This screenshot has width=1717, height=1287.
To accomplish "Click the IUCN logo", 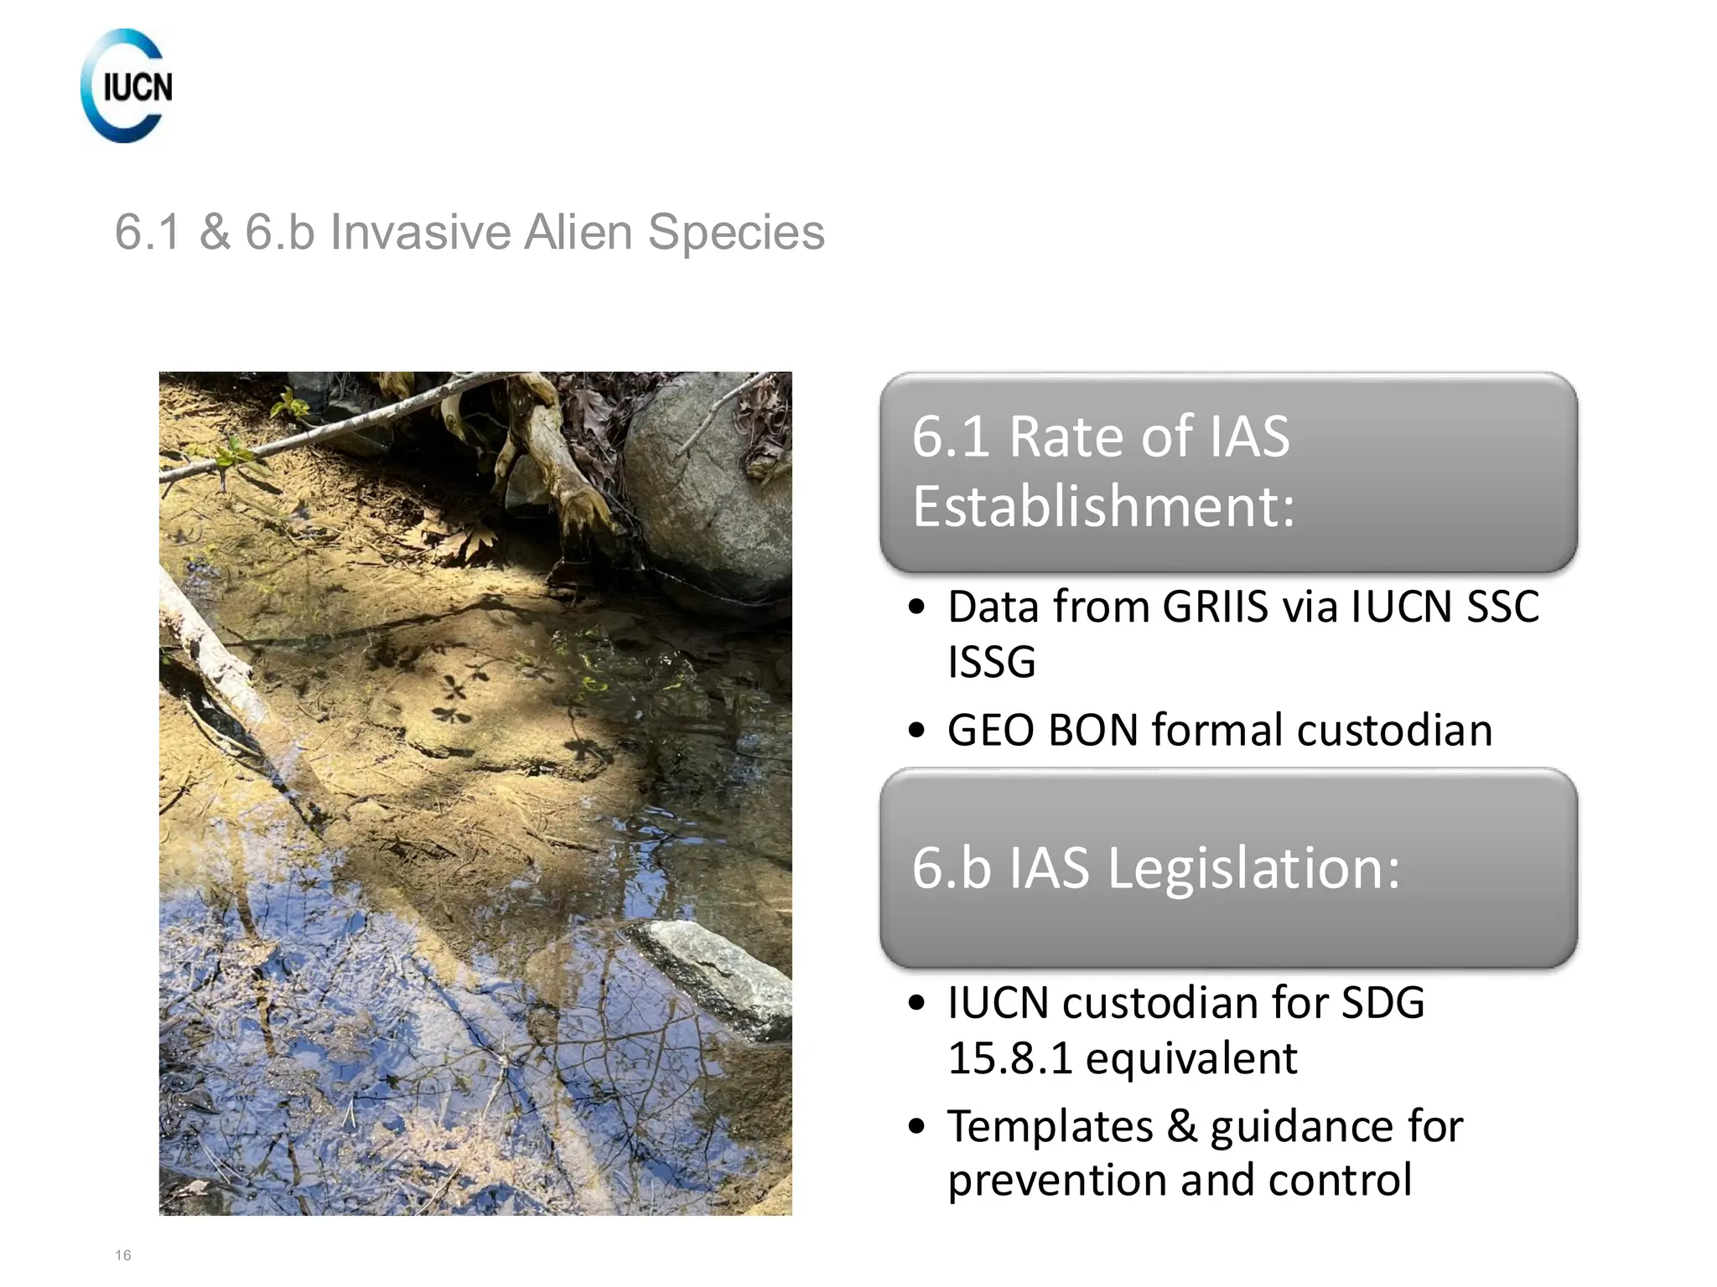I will point(127,85).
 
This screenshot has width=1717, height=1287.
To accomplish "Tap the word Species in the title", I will point(736,232).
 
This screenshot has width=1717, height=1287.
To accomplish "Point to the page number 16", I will point(123,1254).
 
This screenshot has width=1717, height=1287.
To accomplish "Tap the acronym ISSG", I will point(992,662).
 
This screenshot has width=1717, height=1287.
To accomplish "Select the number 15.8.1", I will point(1010,1057).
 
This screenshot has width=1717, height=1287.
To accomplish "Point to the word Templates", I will point(1050,1126).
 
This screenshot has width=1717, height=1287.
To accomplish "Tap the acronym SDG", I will point(1382,1003).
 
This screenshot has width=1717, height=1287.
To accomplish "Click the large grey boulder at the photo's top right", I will point(708,486).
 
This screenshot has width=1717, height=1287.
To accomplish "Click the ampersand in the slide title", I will point(215,232).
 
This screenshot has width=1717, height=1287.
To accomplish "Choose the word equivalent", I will point(1191,1057).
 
